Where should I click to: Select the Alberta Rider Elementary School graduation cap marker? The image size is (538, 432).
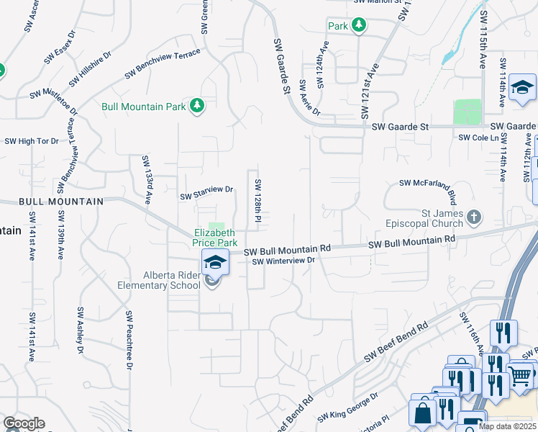tap(214, 264)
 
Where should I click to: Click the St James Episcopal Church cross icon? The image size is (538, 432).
tap(474, 216)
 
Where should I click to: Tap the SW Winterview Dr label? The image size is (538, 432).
tap(284, 261)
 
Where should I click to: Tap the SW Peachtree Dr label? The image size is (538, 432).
tap(129, 341)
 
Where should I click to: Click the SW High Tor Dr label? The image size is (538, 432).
tap(32, 141)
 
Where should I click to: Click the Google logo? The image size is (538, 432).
tap(24, 423)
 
